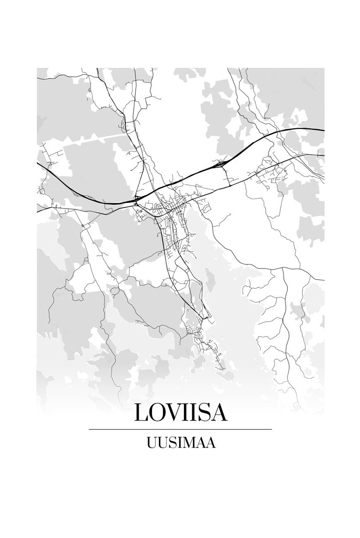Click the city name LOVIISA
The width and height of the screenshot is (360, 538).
pyautogui.click(x=180, y=414)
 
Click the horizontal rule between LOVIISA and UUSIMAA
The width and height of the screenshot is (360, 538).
pyautogui.click(x=180, y=429)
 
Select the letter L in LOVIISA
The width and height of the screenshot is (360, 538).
pyautogui.click(x=141, y=414)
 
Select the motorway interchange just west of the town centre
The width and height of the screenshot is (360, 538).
pyautogui.click(x=136, y=199)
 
